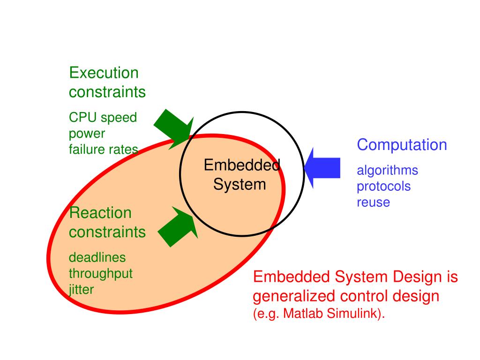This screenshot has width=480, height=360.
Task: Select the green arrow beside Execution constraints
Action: (x=174, y=128)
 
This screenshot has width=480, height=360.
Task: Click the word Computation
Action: (x=402, y=145)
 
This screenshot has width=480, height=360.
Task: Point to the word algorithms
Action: (x=387, y=170)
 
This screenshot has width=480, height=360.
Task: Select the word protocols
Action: (x=383, y=186)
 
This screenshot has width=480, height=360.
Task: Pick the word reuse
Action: (x=373, y=202)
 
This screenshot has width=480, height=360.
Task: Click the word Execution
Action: (x=104, y=73)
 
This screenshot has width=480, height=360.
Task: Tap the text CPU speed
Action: (x=103, y=117)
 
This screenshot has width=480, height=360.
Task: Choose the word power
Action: (x=87, y=134)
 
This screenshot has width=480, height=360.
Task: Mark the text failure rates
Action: (x=103, y=149)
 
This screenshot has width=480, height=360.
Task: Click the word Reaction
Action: (x=100, y=213)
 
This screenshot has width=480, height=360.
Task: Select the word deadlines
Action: (x=97, y=257)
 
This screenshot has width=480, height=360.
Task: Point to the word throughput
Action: (x=101, y=273)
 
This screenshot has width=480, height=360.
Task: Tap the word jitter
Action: (x=82, y=289)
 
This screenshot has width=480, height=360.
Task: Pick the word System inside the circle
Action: (x=240, y=184)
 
